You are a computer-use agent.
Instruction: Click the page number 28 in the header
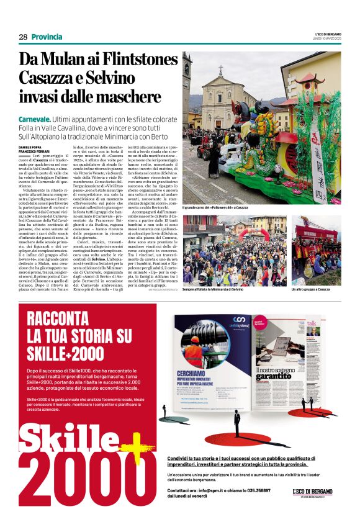click(x=23, y=37)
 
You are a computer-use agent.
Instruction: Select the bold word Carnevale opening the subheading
click(x=35, y=118)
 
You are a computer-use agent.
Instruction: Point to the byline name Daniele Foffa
click(x=30, y=146)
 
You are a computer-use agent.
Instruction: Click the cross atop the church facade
click(x=220, y=70)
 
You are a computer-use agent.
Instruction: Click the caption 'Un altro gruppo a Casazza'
click(x=310, y=289)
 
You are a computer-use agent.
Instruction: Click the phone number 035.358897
click(x=254, y=490)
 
